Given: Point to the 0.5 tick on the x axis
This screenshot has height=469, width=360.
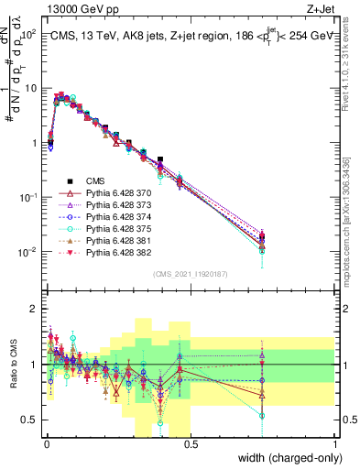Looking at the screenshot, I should [191, 445].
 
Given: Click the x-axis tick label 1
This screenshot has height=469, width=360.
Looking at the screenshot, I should [336, 445].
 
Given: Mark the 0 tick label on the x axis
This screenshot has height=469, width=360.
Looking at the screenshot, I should [46, 445].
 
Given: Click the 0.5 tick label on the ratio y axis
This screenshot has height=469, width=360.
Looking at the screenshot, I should [28, 420].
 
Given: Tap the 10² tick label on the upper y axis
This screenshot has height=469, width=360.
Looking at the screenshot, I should [27, 34].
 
